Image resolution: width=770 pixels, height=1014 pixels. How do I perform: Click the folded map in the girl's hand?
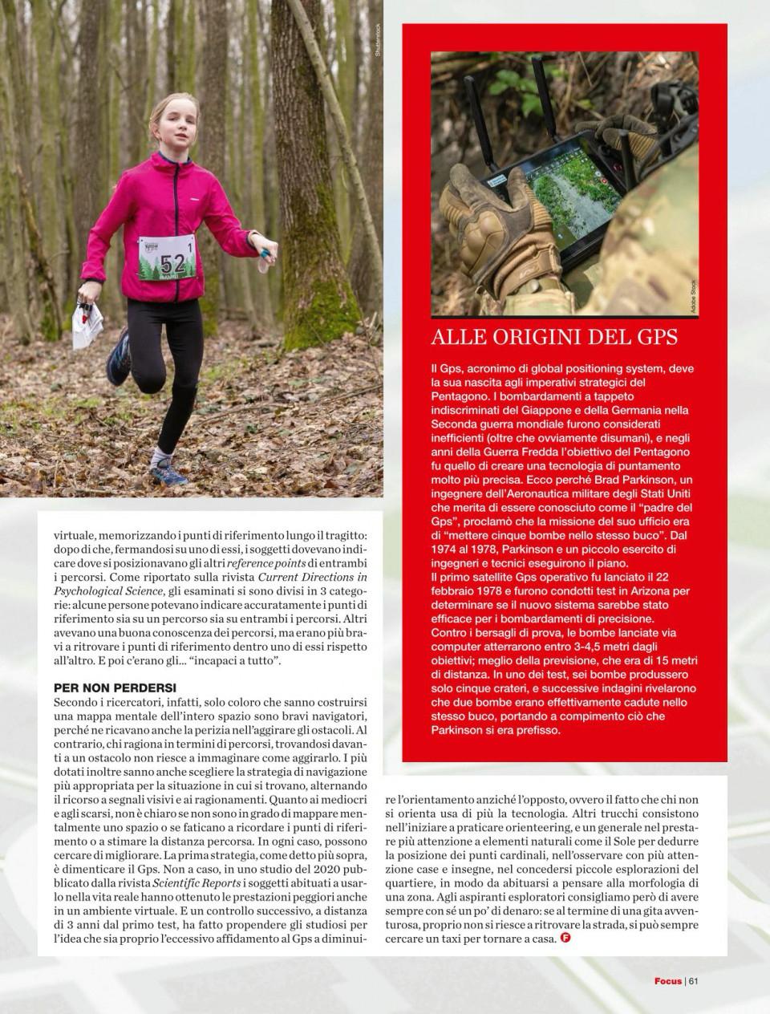pos(87,324)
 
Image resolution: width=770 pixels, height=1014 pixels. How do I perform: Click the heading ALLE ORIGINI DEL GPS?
pos(554,335)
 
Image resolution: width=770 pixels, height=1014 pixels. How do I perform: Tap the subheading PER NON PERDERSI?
pos(115,687)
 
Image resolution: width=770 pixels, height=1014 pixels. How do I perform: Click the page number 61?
pos(694,980)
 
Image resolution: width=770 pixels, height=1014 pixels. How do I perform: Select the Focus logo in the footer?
pos(667,980)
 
